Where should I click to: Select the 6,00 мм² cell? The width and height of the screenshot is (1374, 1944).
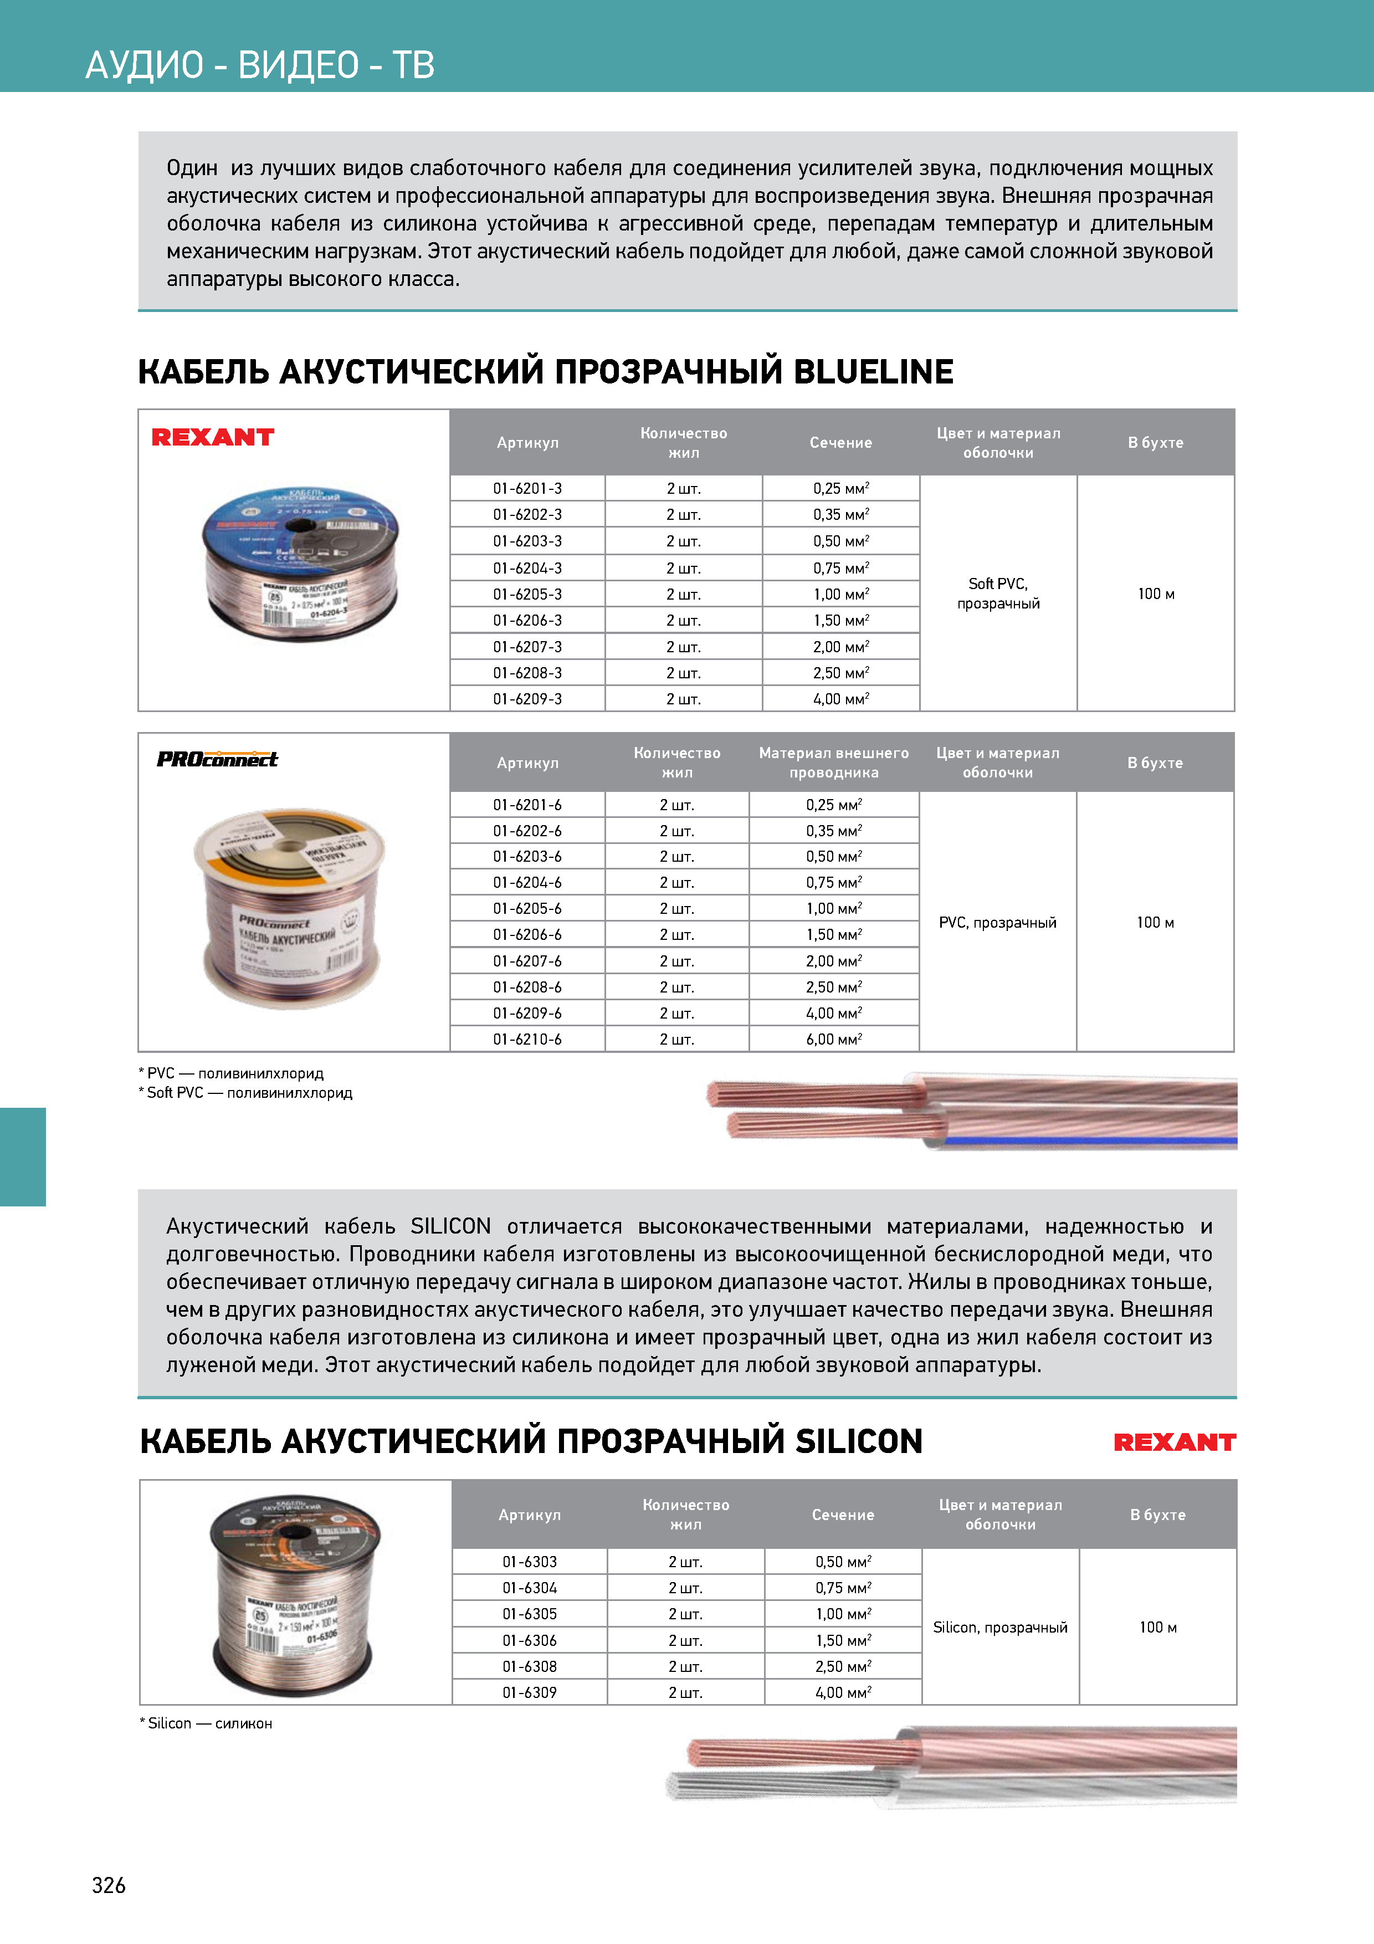pyautogui.click(x=833, y=1039)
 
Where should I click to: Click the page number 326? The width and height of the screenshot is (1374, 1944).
pyautogui.click(x=109, y=1885)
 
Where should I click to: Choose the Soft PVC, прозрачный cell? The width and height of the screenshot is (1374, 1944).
pyautogui.click(x=998, y=593)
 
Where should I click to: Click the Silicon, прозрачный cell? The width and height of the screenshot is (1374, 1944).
pyautogui.click(x=1000, y=1626)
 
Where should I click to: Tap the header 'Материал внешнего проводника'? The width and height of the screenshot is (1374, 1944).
pyautogui.click(x=833, y=762)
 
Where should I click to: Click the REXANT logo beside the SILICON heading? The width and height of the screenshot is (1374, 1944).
pyautogui.click(x=1174, y=1442)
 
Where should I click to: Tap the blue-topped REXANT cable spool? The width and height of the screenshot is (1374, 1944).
pyautogui.click(x=300, y=563)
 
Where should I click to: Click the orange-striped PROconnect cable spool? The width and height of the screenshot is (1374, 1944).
pyautogui.click(x=290, y=908)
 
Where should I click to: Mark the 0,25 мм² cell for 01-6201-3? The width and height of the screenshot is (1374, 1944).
pyautogui.click(x=840, y=489)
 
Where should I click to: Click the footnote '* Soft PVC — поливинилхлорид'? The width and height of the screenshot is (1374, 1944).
pyautogui.click(x=245, y=1092)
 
